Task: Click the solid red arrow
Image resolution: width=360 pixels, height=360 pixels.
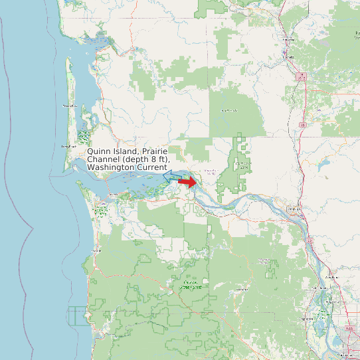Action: coord(188,181)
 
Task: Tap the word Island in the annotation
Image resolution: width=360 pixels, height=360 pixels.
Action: coord(126,151)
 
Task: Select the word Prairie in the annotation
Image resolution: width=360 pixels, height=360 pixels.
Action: coord(154,151)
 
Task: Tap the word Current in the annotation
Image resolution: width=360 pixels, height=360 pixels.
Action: coord(152,167)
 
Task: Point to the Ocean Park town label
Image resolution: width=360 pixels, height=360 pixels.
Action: coord(69,106)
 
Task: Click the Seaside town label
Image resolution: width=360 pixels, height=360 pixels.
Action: coord(95,250)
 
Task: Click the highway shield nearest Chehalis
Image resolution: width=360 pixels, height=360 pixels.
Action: coord(302,77)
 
